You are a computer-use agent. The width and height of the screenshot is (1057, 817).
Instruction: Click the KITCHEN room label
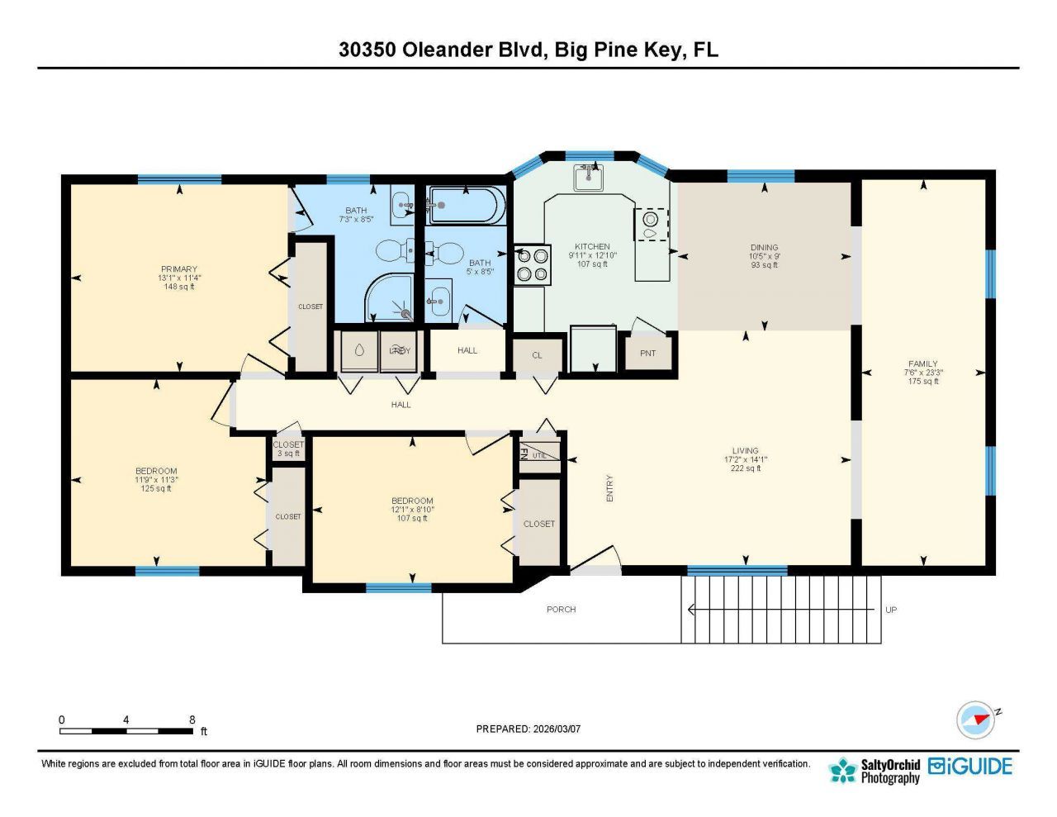tap(592, 246)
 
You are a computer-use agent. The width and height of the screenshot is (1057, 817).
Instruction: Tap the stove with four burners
tap(532, 265)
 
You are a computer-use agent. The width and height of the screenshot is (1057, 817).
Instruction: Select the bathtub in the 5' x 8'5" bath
tap(463, 206)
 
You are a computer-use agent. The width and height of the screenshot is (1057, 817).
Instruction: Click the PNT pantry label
tap(647, 354)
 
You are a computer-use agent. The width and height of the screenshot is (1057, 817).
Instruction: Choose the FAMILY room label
tap(922, 363)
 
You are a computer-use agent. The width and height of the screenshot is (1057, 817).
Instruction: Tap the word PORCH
tap(561, 610)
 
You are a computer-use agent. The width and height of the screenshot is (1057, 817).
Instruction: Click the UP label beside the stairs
tap(890, 610)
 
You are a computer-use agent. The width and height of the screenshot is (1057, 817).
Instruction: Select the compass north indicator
tap(977, 719)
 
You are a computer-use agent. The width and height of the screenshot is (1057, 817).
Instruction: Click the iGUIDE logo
tap(970, 767)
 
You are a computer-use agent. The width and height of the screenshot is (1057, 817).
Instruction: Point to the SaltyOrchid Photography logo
tap(875, 770)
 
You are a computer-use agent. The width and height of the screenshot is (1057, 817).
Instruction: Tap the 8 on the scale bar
tap(192, 720)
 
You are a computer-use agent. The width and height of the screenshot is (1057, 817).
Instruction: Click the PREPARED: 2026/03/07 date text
tap(528, 729)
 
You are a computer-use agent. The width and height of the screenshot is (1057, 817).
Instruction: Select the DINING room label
tap(764, 247)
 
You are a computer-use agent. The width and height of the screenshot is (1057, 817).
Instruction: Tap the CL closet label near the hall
tap(537, 355)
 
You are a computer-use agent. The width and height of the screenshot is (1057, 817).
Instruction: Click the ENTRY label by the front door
tap(610, 488)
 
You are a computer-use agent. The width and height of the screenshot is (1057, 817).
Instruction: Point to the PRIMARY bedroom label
tap(179, 269)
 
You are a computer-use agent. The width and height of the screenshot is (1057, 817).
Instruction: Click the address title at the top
tap(528, 50)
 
